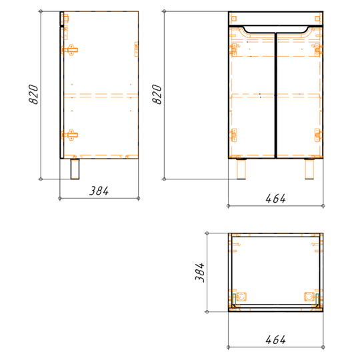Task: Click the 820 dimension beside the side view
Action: [x=33, y=95]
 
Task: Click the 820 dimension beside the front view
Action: [x=157, y=95]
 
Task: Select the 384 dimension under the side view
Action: [x=99, y=191]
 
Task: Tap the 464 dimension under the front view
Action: [x=275, y=199]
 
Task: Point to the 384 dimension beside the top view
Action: [x=200, y=273]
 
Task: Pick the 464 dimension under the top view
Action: [x=275, y=340]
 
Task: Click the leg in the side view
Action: [x=75, y=169]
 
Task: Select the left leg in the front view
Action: [x=241, y=169]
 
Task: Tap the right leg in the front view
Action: [x=309, y=169]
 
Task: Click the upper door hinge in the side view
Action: [x=70, y=50]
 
